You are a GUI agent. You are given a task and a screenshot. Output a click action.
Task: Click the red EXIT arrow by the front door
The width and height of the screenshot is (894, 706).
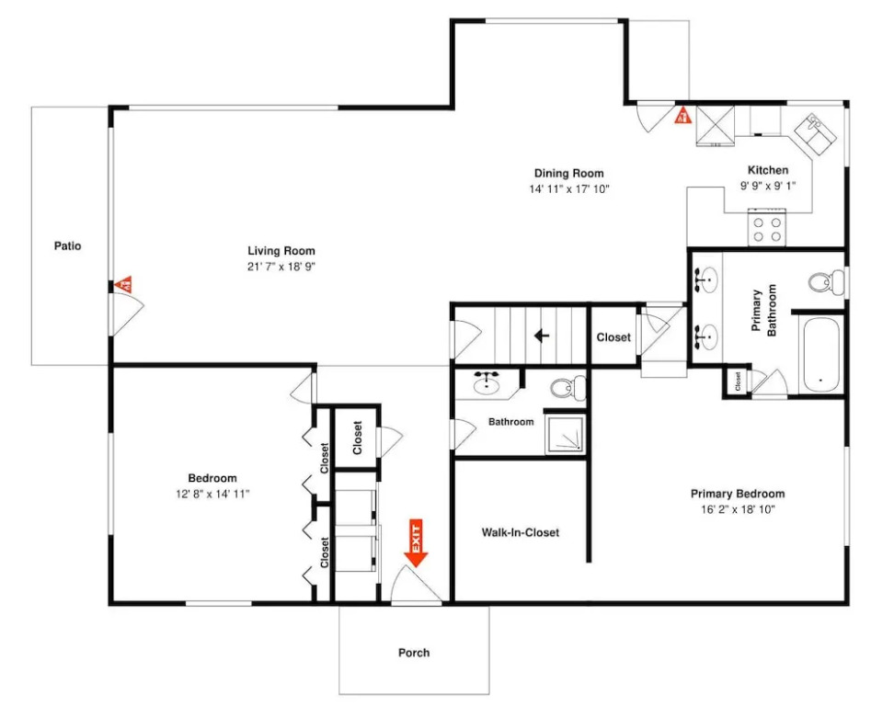click(x=417, y=543)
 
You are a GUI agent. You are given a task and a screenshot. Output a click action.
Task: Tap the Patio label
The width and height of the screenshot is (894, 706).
click(x=67, y=246)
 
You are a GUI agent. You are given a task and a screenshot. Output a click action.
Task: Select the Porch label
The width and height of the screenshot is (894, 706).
click(x=414, y=653)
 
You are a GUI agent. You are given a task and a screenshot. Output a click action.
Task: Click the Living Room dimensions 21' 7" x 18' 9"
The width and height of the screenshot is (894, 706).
click(x=281, y=266)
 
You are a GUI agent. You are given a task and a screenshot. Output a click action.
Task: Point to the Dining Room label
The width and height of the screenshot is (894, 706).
click(x=568, y=173)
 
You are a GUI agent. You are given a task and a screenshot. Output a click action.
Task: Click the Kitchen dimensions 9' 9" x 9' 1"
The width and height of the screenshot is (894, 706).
click(x=767, y=185)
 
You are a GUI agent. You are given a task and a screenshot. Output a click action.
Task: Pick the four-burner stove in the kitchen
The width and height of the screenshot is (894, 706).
click(x=767, y=228)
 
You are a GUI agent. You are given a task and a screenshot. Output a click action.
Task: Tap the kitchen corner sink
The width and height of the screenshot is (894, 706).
click(x=816, y=134)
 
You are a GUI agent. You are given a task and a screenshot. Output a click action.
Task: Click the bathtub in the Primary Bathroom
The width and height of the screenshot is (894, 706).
click(x=821, y=355)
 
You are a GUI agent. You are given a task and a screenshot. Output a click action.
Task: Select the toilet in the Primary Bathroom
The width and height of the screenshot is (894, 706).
click(x=826, y=282)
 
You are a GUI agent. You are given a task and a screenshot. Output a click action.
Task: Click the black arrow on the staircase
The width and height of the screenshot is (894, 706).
click(x=542, y=336)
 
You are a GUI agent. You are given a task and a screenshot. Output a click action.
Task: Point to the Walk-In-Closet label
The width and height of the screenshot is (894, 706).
click(x=520, y=532)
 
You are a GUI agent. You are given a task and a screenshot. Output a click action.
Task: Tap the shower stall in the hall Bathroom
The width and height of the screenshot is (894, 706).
click(x=565, y=435)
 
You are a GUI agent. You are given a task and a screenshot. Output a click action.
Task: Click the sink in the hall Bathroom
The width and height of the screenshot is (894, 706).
click(x=487, y=383)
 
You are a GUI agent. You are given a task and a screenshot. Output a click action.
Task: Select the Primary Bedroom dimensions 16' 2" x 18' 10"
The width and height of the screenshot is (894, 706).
click(x=738, y=509)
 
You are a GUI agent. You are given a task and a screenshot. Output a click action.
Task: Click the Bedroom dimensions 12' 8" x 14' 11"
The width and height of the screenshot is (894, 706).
click(x=212, y=494)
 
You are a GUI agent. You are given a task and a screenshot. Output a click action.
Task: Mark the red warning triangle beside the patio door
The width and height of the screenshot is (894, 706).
click(x=123, y=283)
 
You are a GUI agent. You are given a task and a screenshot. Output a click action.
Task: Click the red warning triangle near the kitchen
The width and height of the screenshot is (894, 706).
click(x=682, y=115)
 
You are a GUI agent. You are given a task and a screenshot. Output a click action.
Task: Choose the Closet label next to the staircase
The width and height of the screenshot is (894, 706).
click(x=613, y=337)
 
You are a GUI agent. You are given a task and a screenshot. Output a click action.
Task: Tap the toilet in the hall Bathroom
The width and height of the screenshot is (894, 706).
click(x=567, y=388)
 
